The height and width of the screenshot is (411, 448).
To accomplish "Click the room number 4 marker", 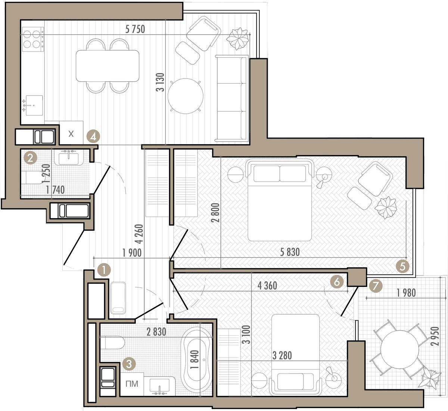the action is [x=93, y=136].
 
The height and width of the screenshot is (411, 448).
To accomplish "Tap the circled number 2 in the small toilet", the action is [x=30, y=158].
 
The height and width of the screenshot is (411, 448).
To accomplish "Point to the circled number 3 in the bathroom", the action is [x=129, y=364].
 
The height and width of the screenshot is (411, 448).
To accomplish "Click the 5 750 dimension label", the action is [x=135, y=29].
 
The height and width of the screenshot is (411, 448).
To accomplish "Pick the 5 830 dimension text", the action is [x=290, y=253].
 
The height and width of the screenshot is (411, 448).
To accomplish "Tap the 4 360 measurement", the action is [x=267, y=286].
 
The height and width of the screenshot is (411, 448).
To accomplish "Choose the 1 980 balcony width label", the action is [x=406, y=293].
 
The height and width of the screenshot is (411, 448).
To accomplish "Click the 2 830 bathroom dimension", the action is [x=156, y=332].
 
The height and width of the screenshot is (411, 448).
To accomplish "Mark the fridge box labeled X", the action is [x=71, y=133].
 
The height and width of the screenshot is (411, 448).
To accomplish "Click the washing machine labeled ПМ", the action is [x=132, y=384].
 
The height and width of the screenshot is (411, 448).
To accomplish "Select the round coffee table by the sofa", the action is [x=186, y=96].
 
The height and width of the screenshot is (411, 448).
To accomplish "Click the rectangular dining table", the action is [x=108, y=66].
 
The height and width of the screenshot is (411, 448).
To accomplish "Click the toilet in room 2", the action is [x=34, y=178].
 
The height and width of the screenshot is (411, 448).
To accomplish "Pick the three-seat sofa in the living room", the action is [x=231, y=99].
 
